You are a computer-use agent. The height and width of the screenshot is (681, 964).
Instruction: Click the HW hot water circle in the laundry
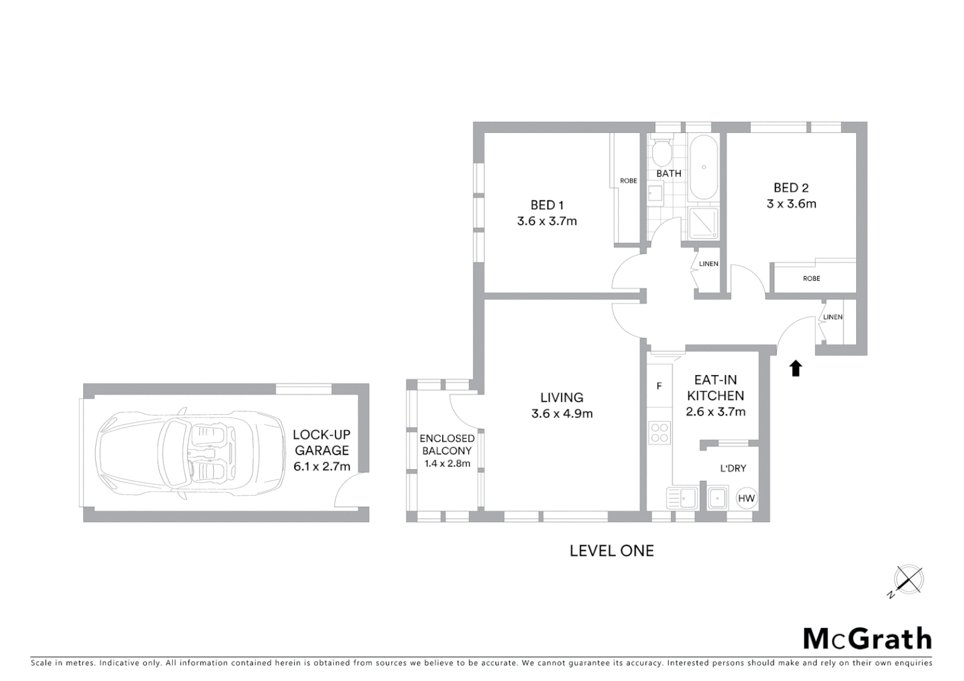pos(746,499)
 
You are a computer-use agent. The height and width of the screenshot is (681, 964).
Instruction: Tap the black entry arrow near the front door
pos(796,368)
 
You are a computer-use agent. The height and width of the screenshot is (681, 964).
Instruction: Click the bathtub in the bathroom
pos(703,167)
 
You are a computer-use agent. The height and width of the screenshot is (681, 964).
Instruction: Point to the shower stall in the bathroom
pos(703,223)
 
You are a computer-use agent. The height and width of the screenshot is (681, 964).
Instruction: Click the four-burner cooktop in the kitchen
pos(660,434)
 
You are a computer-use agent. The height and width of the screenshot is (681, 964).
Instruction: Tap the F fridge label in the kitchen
pos(659,386)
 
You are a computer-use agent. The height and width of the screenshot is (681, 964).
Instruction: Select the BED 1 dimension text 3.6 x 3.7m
pos(546,221)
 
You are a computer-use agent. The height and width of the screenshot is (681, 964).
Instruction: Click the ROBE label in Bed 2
pos(811,278)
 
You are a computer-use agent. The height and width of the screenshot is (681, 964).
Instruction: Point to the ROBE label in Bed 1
pos(628,181)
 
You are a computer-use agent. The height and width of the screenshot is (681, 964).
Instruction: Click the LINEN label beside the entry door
pos(833,317)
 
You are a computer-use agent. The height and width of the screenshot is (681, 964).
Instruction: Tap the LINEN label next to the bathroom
pos(708,264)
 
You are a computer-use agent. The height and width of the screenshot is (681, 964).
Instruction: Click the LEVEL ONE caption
pos(611,551)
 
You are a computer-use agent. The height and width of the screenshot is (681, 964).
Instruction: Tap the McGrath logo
pos(867,639)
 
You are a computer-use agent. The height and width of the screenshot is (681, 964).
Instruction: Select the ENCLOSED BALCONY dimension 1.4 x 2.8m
pos(447,463)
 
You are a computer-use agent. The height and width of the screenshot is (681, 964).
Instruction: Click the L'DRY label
pos(733,469)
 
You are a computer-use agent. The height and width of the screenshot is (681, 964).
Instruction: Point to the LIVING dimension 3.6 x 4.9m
pos(561,414)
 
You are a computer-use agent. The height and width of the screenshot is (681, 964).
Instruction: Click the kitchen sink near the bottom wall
pos(682,498)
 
